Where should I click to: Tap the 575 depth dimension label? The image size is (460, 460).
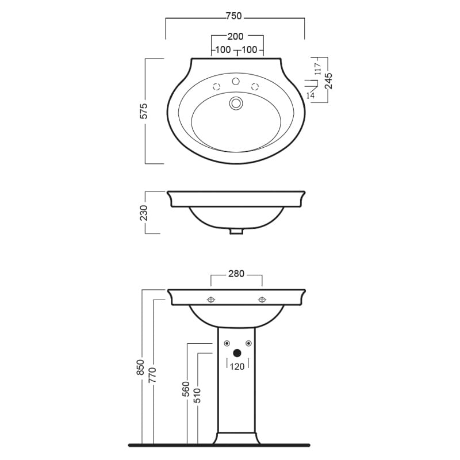pyautogui.click(x=145, y=111)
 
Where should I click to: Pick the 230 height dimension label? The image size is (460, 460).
pyautogui.click(x=144, y=212)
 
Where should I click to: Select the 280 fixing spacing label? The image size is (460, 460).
pyautogui.click(x=236, y=274)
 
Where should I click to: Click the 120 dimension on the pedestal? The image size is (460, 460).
pyautogui.click(x=237, y=366)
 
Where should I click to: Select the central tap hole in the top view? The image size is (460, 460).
pyautogui.click(x=236, y=82)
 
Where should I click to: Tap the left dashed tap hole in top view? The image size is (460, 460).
pyautogui.click(x=217, y=87)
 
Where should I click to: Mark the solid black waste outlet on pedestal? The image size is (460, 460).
pyautogui.click(x=236, y=353)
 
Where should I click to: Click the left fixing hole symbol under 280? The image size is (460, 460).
pyautogui.click(x=211, y=300)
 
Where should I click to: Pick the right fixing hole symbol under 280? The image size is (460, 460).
pyautogui.click(x=262, y=300)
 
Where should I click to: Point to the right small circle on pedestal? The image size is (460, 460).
pyautogui.click(x=248, y=344)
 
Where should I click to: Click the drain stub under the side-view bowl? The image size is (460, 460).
pyautogui.click(x=236, y=231)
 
